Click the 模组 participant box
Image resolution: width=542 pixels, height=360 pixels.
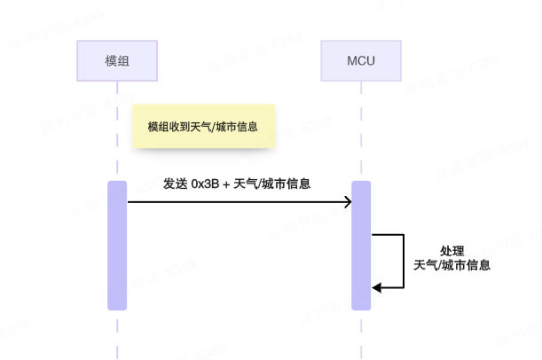pos(117,61)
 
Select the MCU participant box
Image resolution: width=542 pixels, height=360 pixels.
pos(360,61)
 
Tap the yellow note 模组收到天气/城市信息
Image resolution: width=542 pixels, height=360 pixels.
pos(203,127)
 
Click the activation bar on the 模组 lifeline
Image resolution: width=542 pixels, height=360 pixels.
pos(117,246)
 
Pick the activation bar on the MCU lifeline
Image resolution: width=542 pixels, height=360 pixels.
pos(360,246)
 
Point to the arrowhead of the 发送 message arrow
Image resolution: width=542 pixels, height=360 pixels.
pos(347,202)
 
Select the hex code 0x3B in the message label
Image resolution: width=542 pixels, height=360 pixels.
pos(205,184)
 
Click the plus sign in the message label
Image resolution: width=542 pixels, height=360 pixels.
pos(226,184)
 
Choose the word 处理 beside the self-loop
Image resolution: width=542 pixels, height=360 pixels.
pos(452,251)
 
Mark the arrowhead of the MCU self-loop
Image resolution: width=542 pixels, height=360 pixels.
pos(376,287)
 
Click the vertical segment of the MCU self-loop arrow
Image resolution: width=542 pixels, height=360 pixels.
pos(404,262)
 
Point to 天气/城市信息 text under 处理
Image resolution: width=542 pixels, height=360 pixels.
pos(452,265)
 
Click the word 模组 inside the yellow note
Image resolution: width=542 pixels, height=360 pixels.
pos(157,127)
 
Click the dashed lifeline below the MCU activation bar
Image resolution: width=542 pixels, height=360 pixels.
pos(360,333)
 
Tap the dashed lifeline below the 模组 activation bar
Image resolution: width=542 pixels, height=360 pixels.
pos(117,333)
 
